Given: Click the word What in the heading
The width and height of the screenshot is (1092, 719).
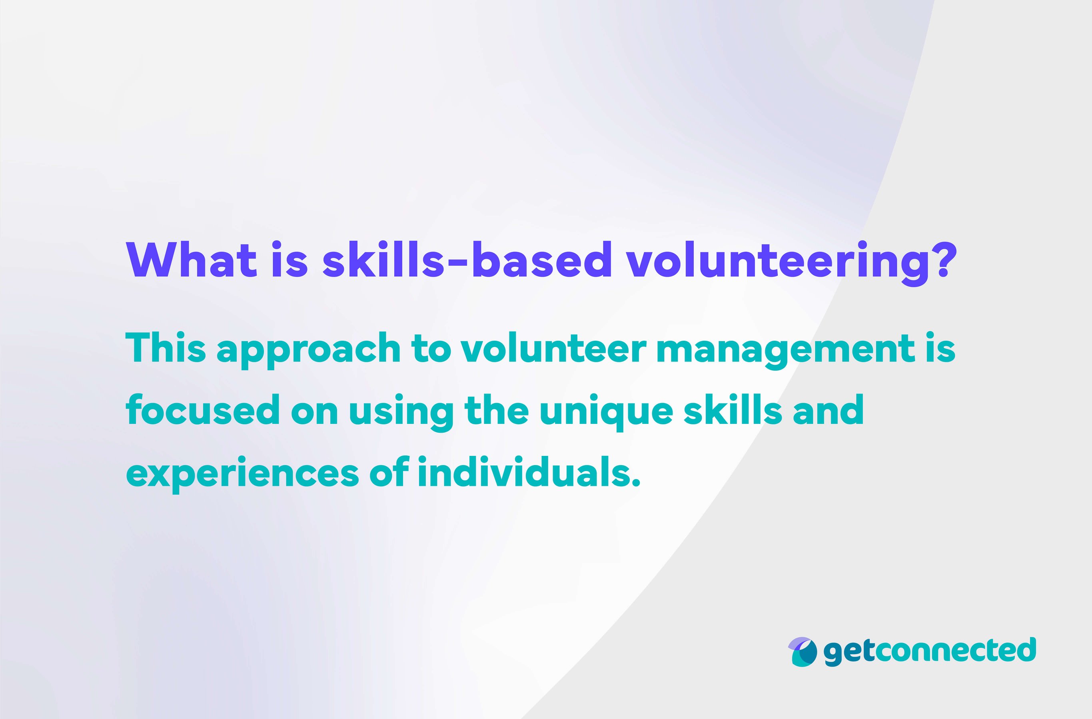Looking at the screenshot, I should point(191,260).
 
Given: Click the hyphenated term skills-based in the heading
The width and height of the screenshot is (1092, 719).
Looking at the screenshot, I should point(467,260).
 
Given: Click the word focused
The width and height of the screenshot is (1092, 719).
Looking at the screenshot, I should point(202,410).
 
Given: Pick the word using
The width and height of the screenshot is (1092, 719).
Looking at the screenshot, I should point(401,412).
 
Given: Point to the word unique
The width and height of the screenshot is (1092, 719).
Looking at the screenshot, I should point(605,412).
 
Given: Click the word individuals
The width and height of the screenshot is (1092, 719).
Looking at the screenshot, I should point(528,472).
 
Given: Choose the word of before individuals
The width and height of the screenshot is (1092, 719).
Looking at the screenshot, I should point(389,472).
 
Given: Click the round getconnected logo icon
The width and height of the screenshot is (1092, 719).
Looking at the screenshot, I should point(802,652).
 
